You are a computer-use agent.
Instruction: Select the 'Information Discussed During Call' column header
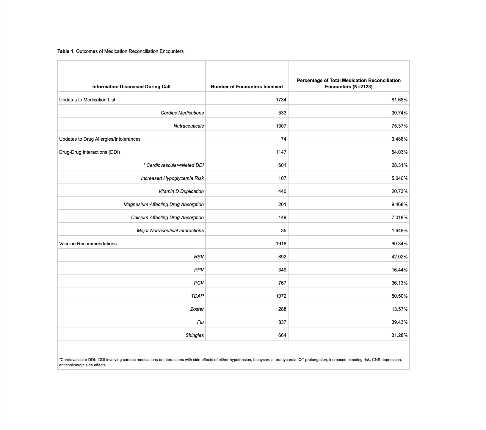[x=131, y=87]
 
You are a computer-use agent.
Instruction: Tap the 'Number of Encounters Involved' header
[x=247, y=87]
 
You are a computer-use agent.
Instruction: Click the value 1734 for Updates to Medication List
[x=281, y=100]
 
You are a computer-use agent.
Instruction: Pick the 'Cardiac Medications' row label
[x=182, y=113]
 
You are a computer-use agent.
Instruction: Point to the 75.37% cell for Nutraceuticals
[x=399, y=126]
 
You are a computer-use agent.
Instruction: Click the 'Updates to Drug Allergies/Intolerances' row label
[x=100, y=139]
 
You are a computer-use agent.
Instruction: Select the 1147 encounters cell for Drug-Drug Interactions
[x=281, y=152]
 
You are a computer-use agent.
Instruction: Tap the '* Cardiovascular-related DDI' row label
[x=173, y=165]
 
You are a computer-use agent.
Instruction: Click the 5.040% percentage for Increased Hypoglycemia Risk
[x=399, y=178]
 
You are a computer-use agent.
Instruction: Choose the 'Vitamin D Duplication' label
[x=181, y=192]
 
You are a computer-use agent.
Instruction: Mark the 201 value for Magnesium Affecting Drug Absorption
[x=282, y=205]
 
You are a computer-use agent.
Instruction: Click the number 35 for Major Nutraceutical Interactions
[x=283, y=231]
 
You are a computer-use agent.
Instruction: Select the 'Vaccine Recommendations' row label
[x=88, y=244]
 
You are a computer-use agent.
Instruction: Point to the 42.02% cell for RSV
[x=399, y=257]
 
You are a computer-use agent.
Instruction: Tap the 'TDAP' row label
[x=197, y=296]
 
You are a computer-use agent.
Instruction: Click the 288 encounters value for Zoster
[x=282, y=309]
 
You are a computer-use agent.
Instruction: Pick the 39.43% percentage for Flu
[x=399, y=322]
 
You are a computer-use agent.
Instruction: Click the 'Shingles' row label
[x=195, y=335]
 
